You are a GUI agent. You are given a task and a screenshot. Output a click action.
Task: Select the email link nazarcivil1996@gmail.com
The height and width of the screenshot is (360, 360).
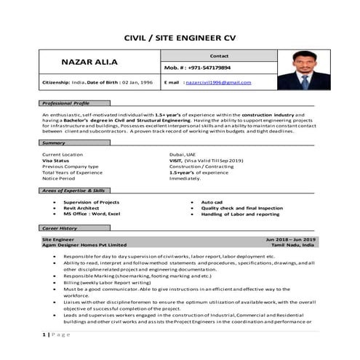(218, 83)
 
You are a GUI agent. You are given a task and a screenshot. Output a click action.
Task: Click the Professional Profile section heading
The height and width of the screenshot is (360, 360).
(65, 103)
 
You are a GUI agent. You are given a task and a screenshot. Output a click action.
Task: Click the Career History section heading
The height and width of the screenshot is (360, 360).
(60, 228)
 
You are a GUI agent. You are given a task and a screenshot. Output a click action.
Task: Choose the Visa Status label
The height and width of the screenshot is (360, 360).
(56, 160)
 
